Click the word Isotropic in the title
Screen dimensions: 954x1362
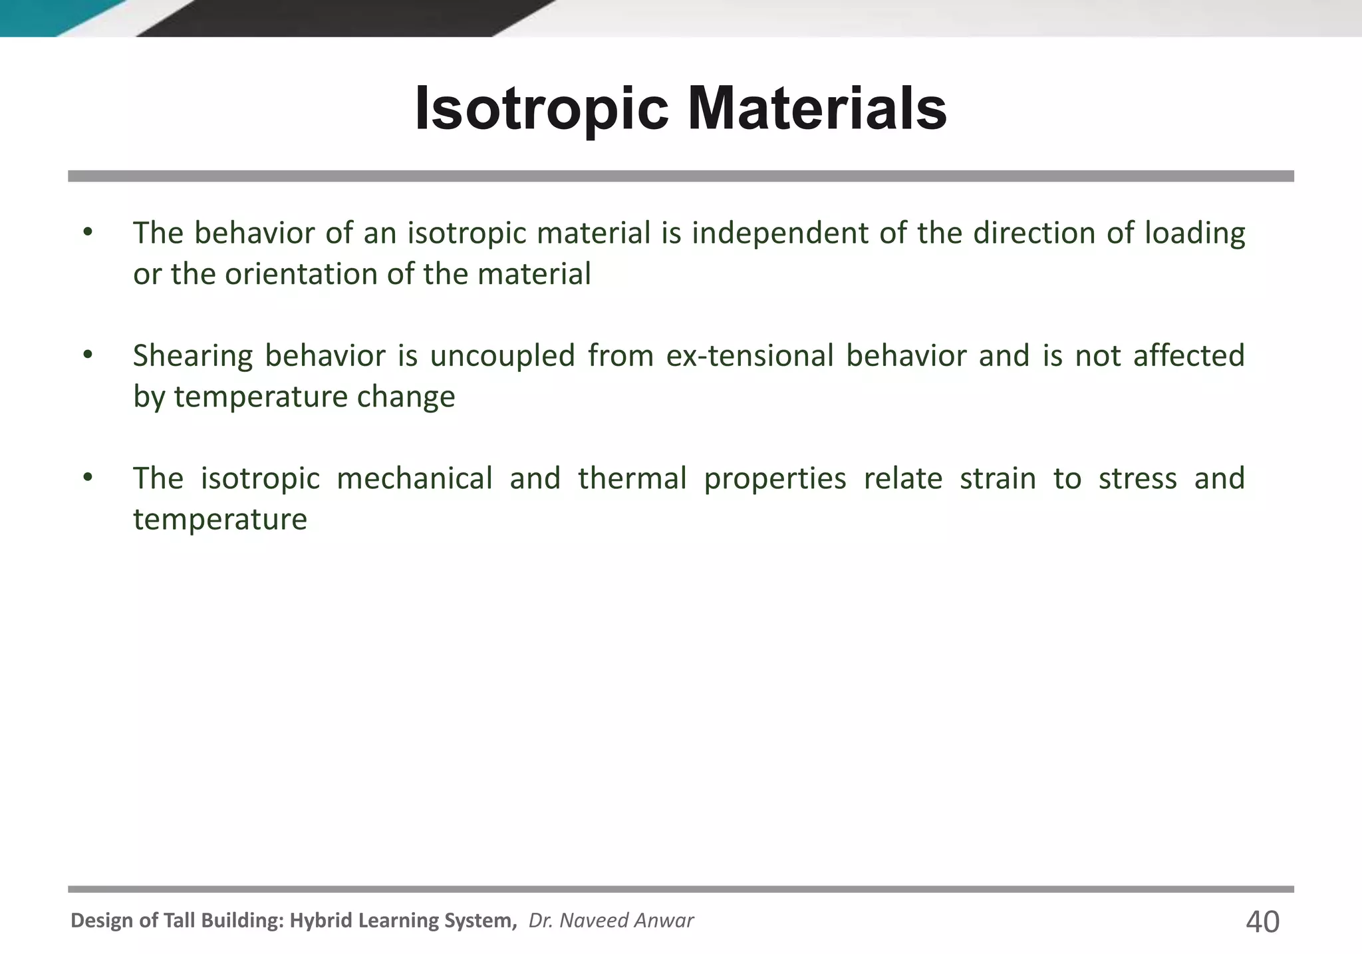coord(541,110)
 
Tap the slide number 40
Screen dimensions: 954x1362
coord(1262,922)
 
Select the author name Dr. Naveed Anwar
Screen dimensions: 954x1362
coord(611,920)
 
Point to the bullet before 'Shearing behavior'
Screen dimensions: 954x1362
coord(88,355)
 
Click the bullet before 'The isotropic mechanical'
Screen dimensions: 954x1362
coord(88,478)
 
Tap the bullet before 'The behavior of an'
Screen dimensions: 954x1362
coord(88,232)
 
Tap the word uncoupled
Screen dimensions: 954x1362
coord(502,356)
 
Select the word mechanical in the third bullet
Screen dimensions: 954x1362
coord(414,478)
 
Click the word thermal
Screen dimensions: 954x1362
coord(632,478)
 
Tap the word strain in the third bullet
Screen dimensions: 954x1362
coord(998,478)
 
